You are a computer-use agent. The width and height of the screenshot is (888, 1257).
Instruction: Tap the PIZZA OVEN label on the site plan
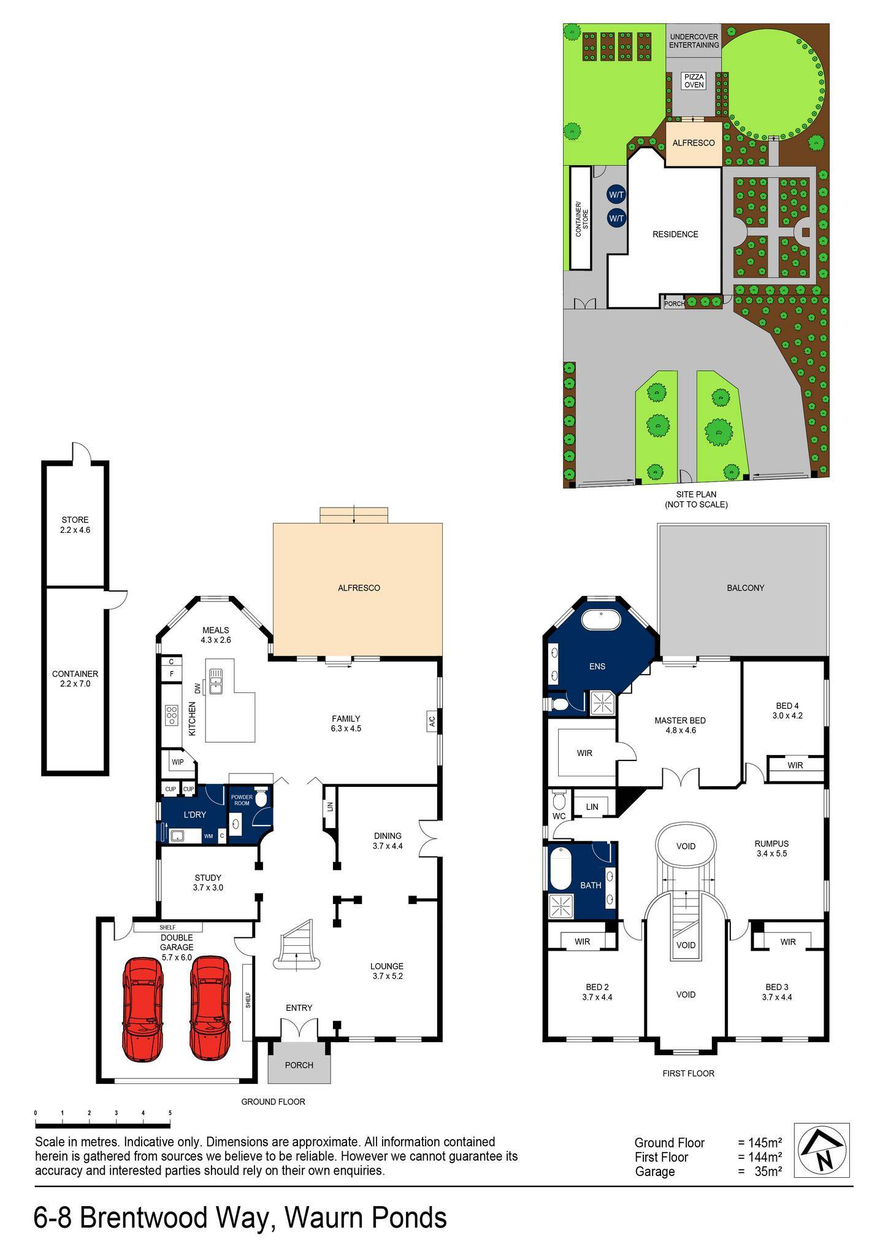694,81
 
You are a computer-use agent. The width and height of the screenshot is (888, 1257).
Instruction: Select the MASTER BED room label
679,721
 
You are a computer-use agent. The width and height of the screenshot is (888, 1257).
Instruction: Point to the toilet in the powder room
261,799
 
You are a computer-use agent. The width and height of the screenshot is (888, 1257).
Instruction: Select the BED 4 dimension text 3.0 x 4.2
787,715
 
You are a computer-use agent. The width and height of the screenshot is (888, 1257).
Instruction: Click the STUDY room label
208,878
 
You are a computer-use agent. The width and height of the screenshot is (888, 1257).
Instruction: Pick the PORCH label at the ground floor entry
299,1065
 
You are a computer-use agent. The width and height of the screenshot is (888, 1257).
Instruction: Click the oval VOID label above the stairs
686,846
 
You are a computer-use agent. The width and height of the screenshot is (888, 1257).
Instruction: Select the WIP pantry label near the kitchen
177,762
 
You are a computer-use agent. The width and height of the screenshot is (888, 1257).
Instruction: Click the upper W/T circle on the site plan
616,195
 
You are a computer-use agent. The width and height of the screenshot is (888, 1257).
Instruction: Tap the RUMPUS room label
771,844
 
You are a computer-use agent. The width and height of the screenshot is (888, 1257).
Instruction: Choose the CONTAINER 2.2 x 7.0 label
75,678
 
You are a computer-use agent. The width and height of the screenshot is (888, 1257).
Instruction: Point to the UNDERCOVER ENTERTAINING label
694,41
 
